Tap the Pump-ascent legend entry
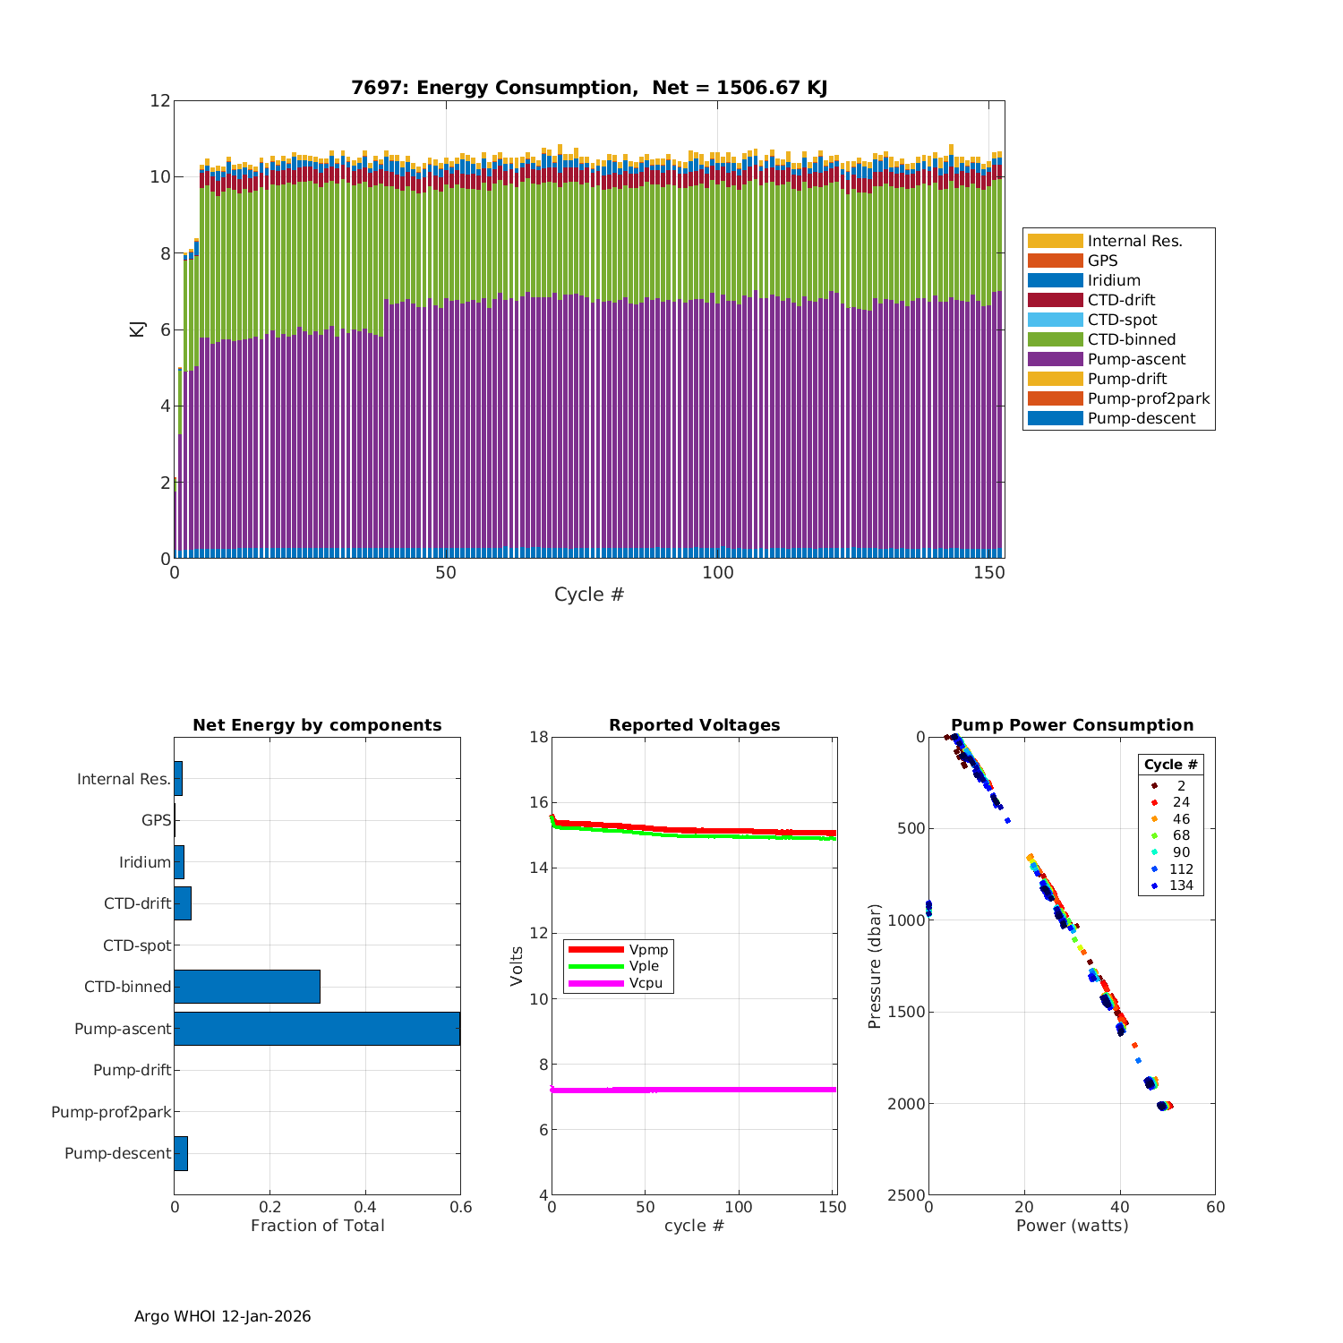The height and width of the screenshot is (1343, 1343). coord(1136,359)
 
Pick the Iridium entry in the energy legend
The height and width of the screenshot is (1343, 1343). coord(1114,280)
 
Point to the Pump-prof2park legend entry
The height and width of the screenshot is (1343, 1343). coord(1148,398)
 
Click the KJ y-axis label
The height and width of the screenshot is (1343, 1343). coord(137,329)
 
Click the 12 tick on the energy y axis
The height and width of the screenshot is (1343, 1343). coord(160,100)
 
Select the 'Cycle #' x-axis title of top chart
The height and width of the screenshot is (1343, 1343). coord(588,595)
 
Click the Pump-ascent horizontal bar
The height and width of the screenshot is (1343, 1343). coord(317,1029)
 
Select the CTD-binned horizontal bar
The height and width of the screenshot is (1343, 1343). coord(247,987)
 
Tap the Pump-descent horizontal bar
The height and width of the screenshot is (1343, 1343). coord(181,1153)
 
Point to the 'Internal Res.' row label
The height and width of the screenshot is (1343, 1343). coord(124,779)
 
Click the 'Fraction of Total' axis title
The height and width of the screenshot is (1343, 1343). coord(317,1226)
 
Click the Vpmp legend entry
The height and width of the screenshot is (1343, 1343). coord(648,949)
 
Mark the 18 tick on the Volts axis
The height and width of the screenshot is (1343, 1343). coord(539,737)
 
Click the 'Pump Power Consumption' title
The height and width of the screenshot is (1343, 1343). coord(1072,725)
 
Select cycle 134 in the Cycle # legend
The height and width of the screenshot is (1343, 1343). coord(1181,885)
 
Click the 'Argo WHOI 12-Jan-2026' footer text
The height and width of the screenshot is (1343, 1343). coord(223,1316)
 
